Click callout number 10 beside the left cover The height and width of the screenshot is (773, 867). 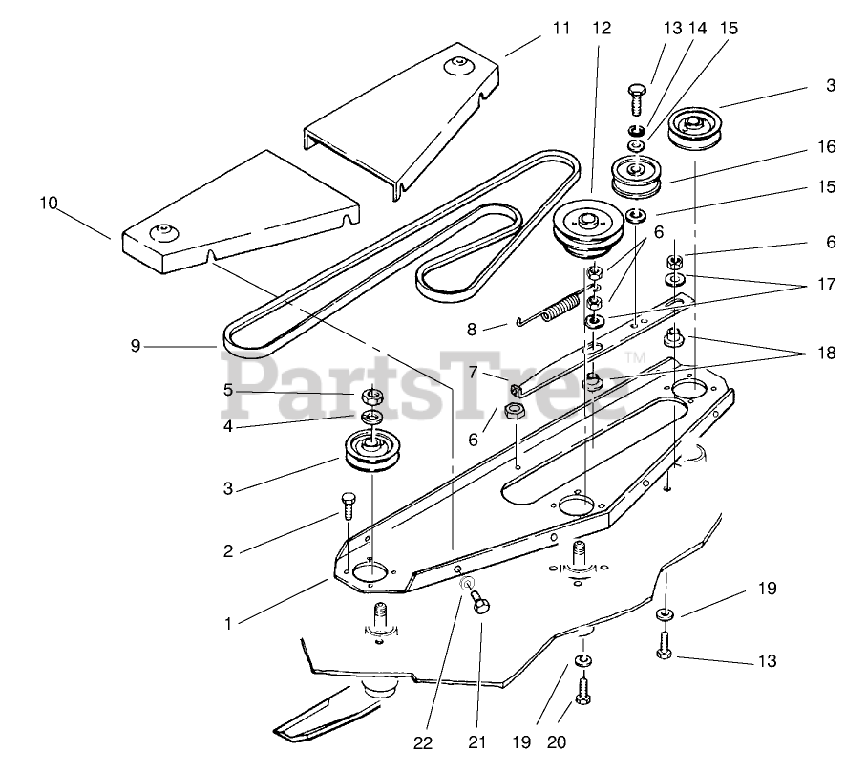click(50, 203)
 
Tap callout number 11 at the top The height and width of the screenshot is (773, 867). click(560, 29)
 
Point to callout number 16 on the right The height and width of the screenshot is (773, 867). click(826, 146)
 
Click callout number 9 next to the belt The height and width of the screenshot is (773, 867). click(136, 346)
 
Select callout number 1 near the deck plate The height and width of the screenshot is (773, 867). click(228, 624)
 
